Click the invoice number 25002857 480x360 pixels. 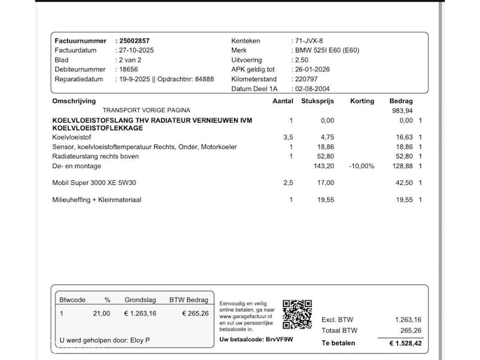[x=134, y=41]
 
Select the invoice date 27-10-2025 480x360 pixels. [x=135, y=50]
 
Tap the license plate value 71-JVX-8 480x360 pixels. [x=309, y=41]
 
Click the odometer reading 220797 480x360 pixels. [x=307, y=79]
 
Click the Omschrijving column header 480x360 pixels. [x=74, y=102]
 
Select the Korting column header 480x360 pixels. [x=362, y=102]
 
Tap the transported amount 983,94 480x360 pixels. [x=402, y=111]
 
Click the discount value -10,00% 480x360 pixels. [x=362, y=166]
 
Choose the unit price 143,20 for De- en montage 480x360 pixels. [x=324, y=166]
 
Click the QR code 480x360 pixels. [x=297, y=314]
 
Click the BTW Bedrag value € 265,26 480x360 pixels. [x=191, y=313]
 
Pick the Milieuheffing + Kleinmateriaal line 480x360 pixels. [x=97, y=200]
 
